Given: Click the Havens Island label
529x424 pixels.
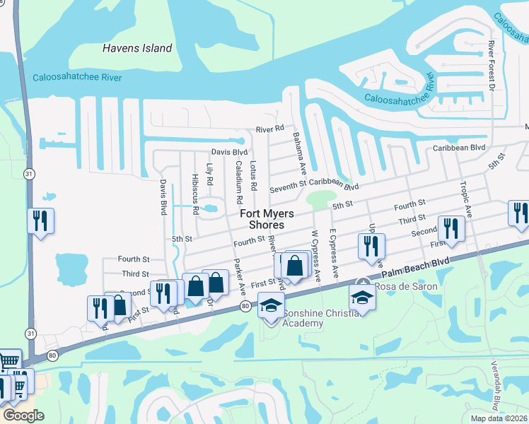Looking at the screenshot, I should point(137,48).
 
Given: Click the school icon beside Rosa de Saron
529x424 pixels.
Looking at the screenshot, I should point(362,298).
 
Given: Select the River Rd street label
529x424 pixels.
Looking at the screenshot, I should point(269,129).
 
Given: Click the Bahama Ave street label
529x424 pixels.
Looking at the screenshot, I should point(299,157).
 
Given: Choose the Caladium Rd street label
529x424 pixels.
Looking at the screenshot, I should point(238,177).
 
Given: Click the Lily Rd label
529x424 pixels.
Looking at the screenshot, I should point(209,175).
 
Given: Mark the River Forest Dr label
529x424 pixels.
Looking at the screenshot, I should point(491,66).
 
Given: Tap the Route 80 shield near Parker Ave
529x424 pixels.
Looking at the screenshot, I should point(245,305).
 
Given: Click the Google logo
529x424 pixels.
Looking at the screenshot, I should point(23,416).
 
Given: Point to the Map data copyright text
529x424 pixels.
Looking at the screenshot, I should point(499,418).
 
